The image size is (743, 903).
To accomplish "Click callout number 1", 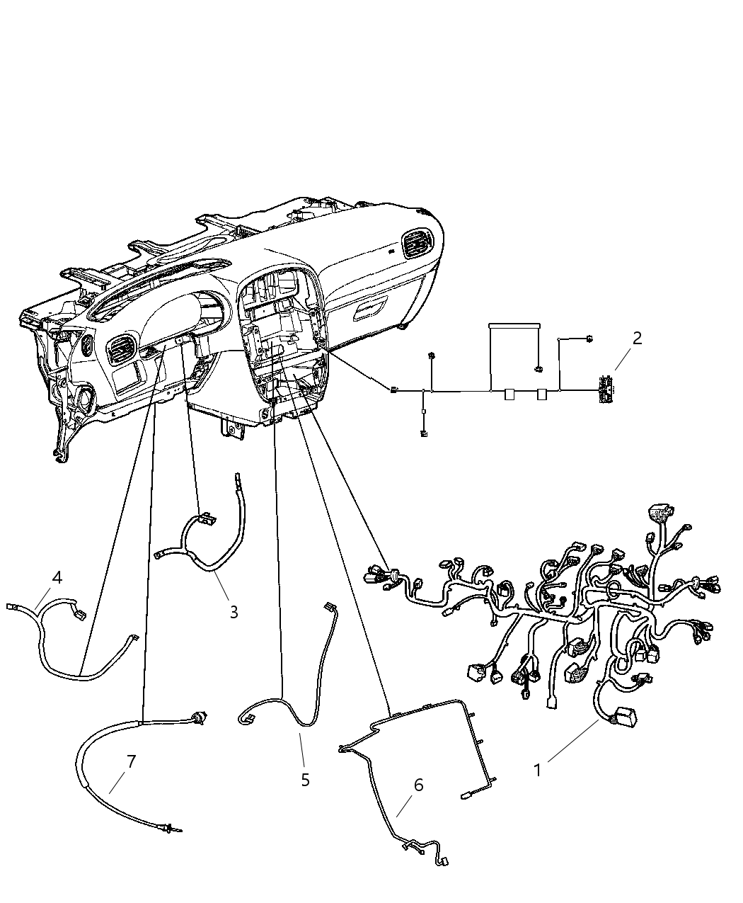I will pyautogui.click(x=538, y=770).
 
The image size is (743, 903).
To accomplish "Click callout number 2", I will pyautogui.click(x=637, y=339).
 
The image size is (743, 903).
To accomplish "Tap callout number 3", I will pyautogui.click(x=234, y=612).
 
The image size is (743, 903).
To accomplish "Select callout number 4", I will pyautogui.click(x=57, y=577).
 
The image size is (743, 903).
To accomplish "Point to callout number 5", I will pyautogui.click(x=305, y=780).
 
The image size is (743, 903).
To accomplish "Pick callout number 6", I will pyautogui.click(x=418, y=785).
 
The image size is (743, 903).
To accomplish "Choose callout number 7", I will pyautogui.click(x=131, y=762).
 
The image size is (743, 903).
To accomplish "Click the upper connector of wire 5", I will pyautogui.click(x=328, y=606).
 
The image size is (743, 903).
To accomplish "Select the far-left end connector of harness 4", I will pyautogui.click(x=12, y=606).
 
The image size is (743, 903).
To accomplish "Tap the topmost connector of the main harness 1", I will pyautogui.click(x=660, y=512).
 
